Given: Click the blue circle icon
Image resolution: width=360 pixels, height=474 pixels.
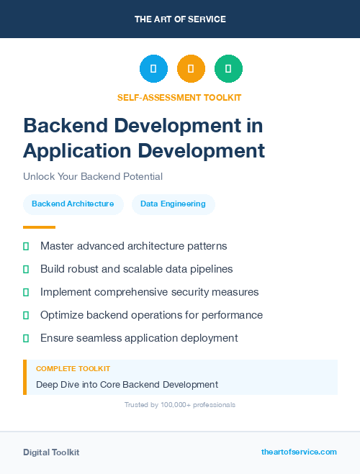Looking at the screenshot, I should point(153,69).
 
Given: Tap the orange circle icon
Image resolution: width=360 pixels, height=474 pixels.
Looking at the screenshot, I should point(191,69).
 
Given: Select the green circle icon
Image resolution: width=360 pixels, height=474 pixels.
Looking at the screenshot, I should point(228,69).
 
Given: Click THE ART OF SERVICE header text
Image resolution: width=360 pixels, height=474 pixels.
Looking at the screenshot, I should point(180,19).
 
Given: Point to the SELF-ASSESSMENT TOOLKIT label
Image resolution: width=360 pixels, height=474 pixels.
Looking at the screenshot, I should point(179,97).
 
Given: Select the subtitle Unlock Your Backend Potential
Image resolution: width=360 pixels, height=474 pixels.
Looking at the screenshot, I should point(93,176).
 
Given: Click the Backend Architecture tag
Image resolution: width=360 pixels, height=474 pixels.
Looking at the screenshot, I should point(73,204).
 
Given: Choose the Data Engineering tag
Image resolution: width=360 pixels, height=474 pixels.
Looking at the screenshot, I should point(173,204).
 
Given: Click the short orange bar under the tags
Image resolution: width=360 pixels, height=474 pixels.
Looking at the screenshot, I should point(39,227).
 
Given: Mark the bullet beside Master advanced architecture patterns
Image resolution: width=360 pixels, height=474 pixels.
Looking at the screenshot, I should point(26,246).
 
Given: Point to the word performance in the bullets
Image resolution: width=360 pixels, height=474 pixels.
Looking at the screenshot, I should point(232,315).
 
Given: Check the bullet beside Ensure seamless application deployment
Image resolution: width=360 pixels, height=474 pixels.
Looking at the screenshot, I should point(26,338).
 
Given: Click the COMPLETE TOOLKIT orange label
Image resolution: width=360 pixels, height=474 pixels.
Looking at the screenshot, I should point(73,368).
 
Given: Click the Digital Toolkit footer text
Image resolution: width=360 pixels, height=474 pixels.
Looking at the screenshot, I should point(51,452).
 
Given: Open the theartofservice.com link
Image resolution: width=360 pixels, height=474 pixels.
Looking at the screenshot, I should point(299,452).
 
